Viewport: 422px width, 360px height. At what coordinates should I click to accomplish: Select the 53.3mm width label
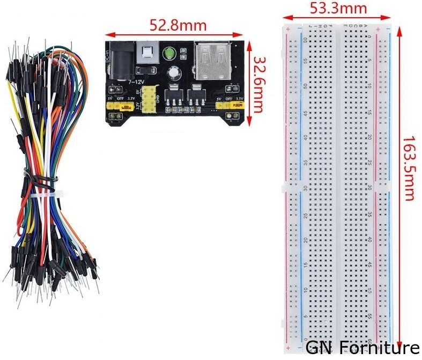tap(338, 9)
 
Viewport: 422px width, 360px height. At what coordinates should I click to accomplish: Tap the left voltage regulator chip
tap(175, 97)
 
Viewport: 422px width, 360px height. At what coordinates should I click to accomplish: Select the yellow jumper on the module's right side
tap(227, 107)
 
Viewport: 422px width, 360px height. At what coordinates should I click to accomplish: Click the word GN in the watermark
tap(317, 348)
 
